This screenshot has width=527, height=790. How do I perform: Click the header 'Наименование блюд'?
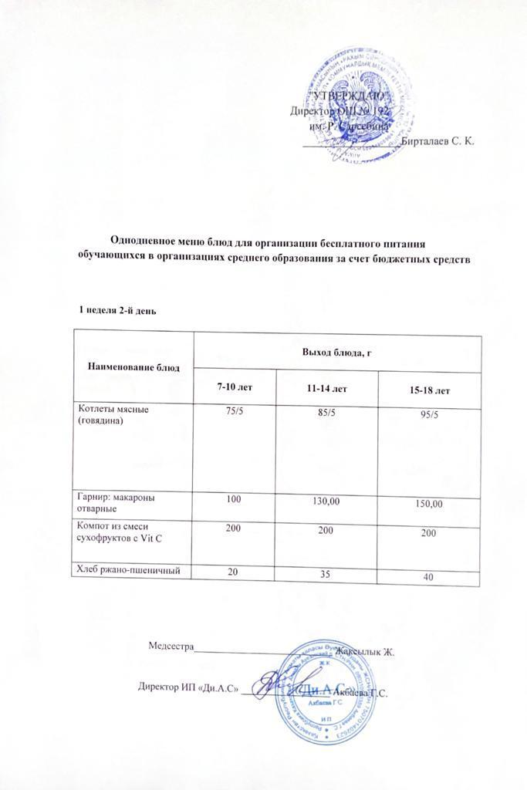133,366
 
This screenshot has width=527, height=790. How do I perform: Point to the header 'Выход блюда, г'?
337,353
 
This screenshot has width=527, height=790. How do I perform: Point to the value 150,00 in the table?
427,504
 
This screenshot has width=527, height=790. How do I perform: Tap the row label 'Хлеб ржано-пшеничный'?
130,569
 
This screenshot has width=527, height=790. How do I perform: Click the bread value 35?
327,574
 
